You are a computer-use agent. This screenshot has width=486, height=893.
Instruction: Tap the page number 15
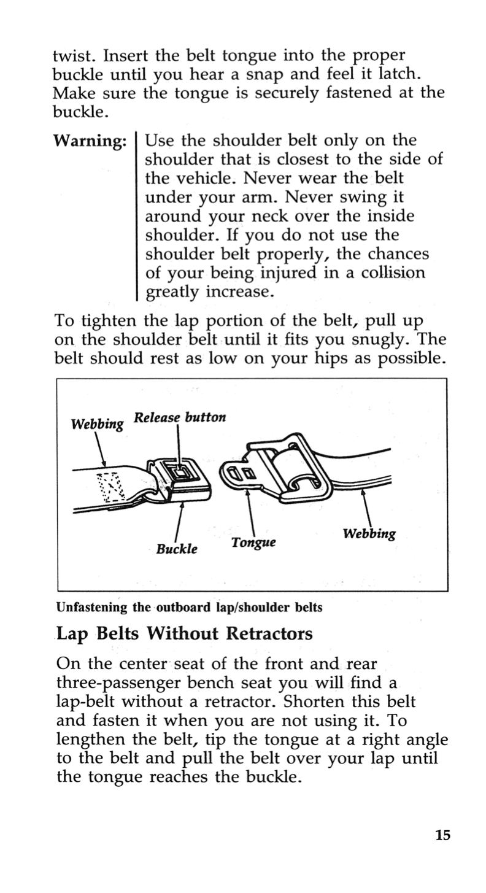pos(443,835)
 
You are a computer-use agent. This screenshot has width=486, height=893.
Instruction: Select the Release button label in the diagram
pos(180,418)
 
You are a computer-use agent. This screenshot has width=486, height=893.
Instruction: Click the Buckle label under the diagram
pos(176,549)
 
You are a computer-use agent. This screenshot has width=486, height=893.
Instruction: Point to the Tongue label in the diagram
pos(253,543)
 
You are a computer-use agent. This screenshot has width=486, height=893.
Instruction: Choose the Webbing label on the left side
pos(98,424)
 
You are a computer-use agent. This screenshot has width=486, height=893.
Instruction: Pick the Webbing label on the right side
pos(369,533)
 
